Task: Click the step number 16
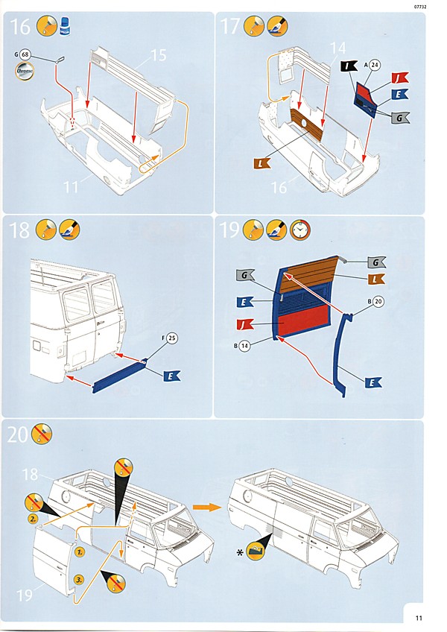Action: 20,28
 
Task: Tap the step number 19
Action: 229,230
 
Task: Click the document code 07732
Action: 421,6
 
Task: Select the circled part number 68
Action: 25,55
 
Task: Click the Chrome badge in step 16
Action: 25,72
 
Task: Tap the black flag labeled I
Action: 349,66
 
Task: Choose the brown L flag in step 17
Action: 263,162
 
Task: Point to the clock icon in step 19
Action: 299,230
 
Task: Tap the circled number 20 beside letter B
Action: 378,303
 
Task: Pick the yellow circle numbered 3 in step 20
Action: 78,578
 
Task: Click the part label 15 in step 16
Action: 158,55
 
